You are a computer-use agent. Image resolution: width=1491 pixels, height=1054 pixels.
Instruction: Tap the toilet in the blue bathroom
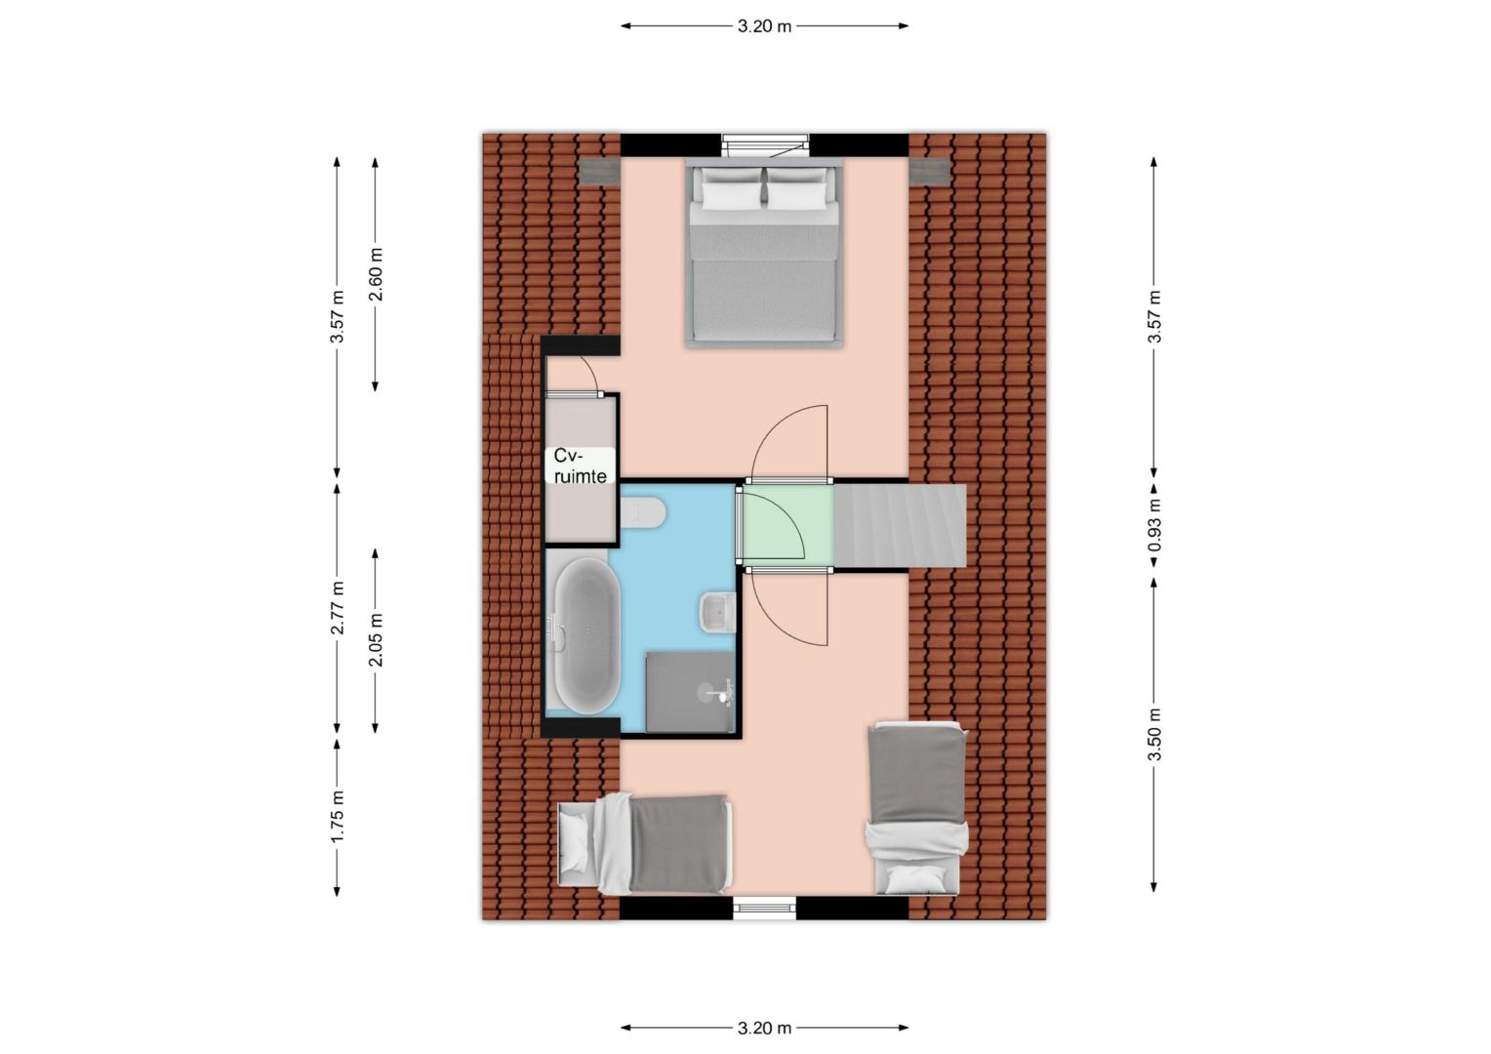(644, 513)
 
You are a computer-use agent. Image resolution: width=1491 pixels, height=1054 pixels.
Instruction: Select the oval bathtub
(587, 635)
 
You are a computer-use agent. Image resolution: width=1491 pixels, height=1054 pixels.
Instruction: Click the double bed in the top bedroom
(765, 256)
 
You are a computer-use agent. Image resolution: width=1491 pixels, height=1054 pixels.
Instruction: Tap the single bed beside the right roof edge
(917, 808)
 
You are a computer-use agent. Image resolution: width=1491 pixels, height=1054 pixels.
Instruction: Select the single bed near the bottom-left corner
(645, 844)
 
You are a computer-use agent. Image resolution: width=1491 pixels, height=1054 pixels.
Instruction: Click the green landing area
(787, 525)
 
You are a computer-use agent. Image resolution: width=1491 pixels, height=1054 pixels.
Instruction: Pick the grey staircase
(900, 525)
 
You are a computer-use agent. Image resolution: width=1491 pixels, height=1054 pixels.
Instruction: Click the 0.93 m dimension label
(1154, 525)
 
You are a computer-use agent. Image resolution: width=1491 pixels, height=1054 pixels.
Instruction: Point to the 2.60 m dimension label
(376, 274)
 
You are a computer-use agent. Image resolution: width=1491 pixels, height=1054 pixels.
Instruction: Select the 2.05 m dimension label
(376, 640)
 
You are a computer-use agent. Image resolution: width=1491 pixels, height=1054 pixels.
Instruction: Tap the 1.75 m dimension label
(338, 816)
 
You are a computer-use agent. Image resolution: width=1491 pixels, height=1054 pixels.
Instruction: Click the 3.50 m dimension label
(1154, 734)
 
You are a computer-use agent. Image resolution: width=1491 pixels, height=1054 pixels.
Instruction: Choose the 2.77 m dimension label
(338, 607)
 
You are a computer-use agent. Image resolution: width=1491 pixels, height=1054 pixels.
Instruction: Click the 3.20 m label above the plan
(764, 26)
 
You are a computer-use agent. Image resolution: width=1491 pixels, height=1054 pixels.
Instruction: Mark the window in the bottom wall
(765, 908)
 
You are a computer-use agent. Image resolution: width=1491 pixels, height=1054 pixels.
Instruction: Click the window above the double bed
(765, 145)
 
